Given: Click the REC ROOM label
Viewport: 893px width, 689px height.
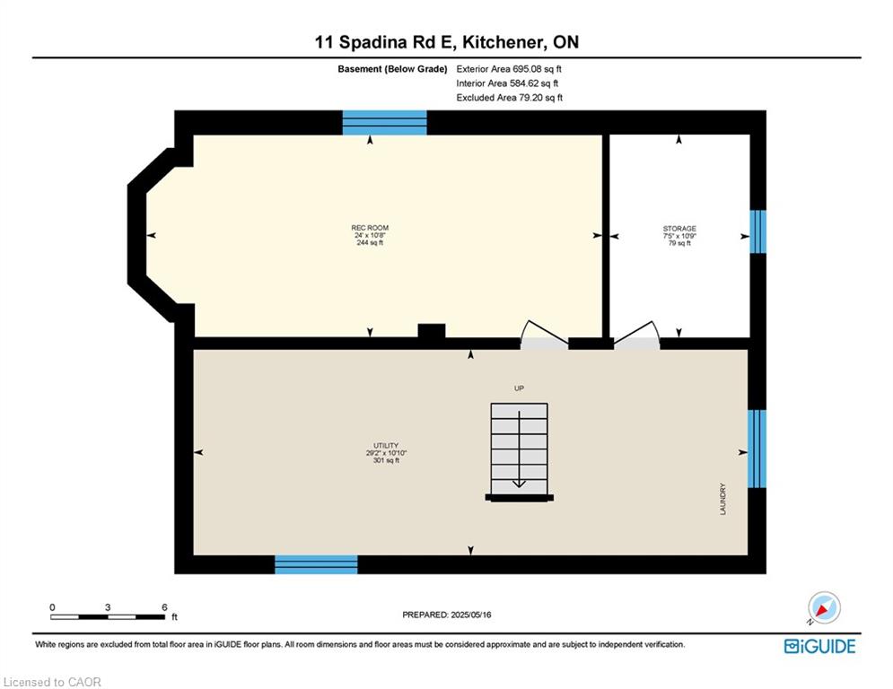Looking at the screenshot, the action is (x=370, y=228).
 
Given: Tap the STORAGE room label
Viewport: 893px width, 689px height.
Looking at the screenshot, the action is (x=679, y=229).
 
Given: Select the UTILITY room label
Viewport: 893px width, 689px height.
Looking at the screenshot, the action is (x=386, y=445).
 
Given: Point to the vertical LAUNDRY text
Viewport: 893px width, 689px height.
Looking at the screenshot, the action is (x=722, y=499).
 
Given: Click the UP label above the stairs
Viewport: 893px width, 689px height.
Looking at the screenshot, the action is (x=519, y=388).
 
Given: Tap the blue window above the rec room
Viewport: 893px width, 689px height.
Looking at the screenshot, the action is (x=384, y=122).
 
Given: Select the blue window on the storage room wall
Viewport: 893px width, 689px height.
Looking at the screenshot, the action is (x=757, y=231).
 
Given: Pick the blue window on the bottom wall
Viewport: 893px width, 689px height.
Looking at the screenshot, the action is (x=316, y=564).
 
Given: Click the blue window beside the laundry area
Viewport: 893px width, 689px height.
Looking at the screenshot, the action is (x=757, y=449).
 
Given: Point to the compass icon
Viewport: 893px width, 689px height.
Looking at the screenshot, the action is (x=824, y=608).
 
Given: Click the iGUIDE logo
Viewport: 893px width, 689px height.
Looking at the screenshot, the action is (x=819, y=646).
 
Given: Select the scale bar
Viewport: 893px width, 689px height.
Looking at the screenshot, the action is (x=108, y=616).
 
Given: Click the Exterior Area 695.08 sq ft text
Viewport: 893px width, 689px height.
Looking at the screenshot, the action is (x=509, y=69).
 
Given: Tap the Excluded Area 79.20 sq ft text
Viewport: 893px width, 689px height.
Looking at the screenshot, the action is (x=509, y=98).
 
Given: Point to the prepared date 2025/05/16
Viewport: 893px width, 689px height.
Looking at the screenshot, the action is (x=470, y=615).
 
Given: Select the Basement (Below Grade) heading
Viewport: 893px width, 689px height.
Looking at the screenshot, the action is (x=392, y=69).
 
